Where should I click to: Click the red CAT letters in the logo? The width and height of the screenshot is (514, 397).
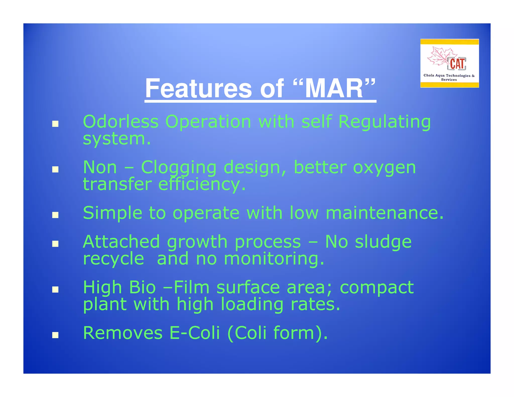tap(457, 64)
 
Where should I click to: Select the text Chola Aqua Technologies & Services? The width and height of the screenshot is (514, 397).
tap(449, 77)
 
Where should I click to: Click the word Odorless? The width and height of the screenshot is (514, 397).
tap(120, 122)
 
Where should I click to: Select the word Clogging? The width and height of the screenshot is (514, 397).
tap(178, 168)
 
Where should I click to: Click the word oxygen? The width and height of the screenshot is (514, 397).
tap(384, 168)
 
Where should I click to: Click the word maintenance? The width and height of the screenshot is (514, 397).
tap(384, 213)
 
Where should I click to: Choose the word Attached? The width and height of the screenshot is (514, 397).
tap(121, 242)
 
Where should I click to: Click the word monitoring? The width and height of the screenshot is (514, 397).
tap(274, 259)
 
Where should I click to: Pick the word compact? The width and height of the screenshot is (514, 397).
tap(376, 288)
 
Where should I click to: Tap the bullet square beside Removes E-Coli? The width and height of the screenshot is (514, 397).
tap(55, 335)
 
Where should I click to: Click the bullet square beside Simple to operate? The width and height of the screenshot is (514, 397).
tap(55, 215)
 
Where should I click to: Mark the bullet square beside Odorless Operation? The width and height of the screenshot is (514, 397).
tap(55, 124)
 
